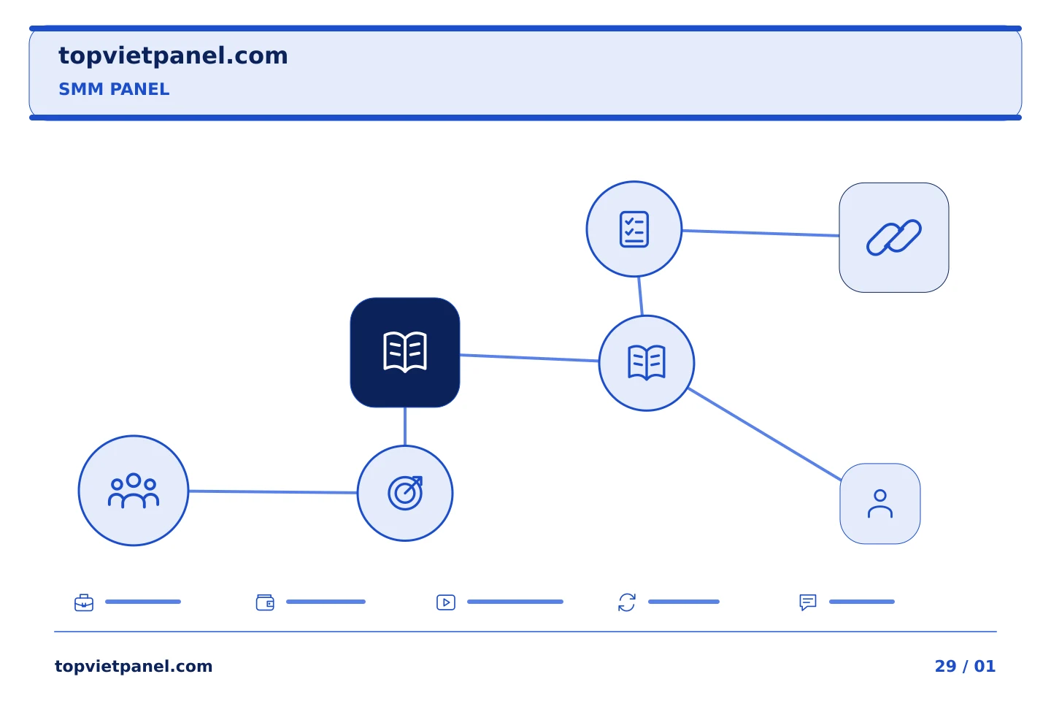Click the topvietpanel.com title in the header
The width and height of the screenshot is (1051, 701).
(173, 56)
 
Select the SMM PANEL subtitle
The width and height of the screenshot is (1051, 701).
(114, 89)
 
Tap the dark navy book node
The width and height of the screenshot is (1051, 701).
(405, 352)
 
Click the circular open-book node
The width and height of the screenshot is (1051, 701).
(647, 363)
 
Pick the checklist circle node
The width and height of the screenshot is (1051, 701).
(634, 229)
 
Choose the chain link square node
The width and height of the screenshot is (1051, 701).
(894, 237)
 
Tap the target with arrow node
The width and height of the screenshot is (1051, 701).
(405, 493)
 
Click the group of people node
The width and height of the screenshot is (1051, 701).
(134, 491)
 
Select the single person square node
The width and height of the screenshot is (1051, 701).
(880, 504)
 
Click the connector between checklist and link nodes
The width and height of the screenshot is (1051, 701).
(761, 233)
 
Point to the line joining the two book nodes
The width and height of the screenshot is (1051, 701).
(529, 358)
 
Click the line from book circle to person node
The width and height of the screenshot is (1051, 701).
(764, 434)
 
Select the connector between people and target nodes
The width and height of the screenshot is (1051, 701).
(273, 492)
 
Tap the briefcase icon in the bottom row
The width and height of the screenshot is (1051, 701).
(84, 602)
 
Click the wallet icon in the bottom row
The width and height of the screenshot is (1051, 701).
(265, 602)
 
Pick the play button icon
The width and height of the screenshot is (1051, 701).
(446, 602)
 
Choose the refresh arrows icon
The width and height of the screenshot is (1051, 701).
(627, 602)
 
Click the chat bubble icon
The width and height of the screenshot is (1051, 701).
(808, 602)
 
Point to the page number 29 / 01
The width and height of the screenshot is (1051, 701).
(965, 666)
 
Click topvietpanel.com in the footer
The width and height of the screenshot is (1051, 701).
(134, 666)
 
